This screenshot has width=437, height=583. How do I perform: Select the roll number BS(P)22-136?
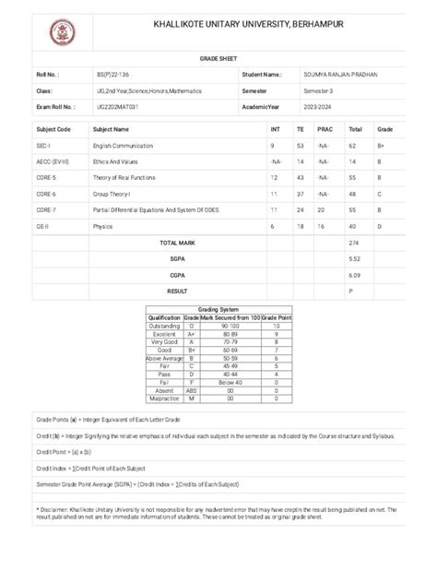(114, 75)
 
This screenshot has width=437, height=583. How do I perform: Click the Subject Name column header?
(112, 130)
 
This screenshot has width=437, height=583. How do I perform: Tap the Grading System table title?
(218, 310)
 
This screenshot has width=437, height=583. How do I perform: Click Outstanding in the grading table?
(164, 326)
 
